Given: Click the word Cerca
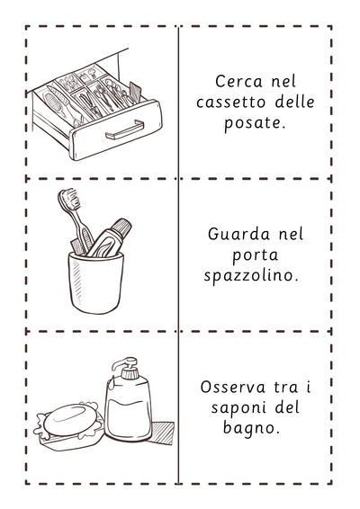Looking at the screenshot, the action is coord(238,81).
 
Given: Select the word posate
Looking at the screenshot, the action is coord(255,124).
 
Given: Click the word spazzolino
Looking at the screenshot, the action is coord(251,276).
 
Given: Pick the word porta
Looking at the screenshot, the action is coord(255,255).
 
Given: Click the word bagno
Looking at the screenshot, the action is coord(251,428).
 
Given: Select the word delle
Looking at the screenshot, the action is coord(295,102).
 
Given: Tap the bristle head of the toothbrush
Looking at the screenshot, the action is coord(69,199).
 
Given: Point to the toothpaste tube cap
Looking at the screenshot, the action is coord(121,228).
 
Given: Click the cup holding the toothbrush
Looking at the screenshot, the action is coord(96,282).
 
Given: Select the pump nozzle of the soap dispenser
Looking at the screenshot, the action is coord(124,364).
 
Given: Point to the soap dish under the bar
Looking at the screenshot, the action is coord(70,438).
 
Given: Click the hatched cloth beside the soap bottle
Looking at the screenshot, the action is coord(163,433).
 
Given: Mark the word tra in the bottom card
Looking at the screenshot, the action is coord(286,388).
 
